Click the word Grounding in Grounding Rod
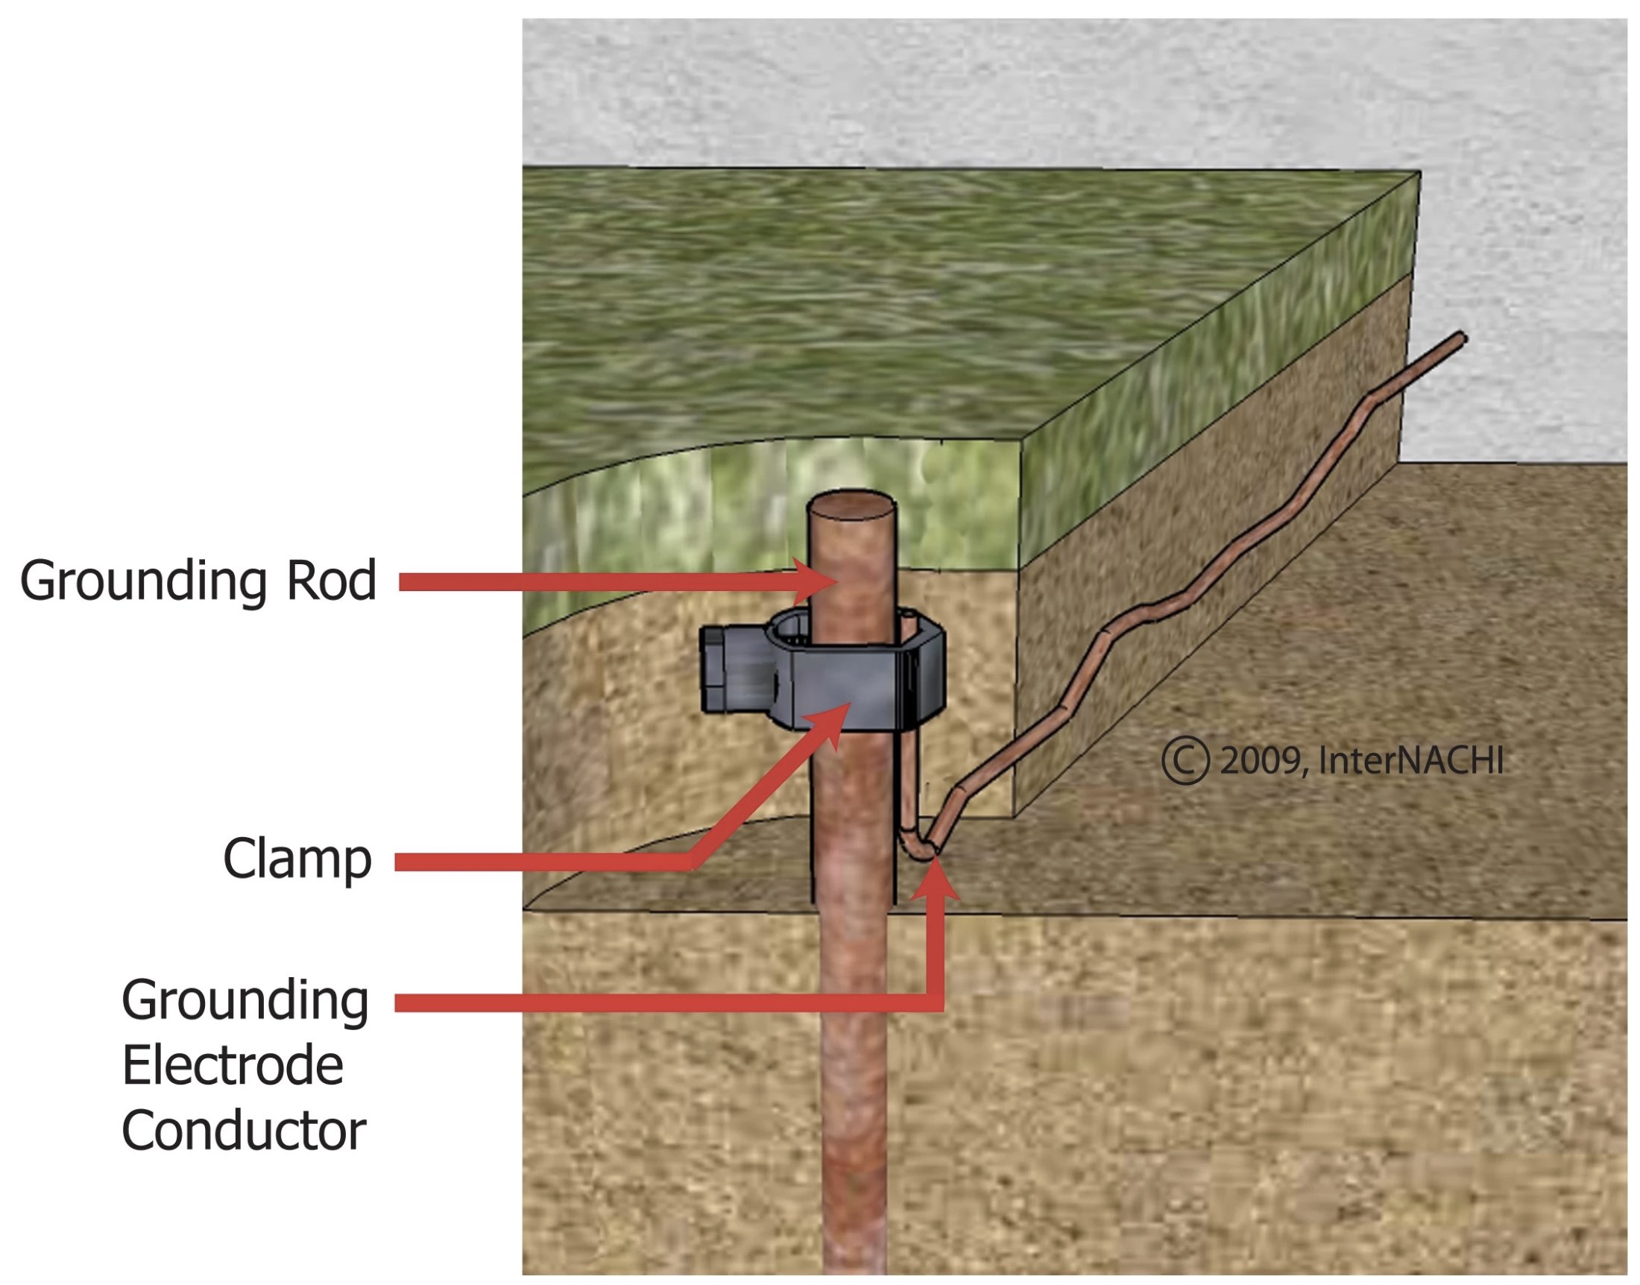[143, 581]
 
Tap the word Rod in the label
[330, 581]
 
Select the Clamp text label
[297, 859]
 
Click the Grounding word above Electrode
[245, 1001]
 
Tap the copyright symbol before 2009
[1185, 760]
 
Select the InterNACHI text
[1410, 760]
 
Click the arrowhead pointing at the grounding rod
[820, 581]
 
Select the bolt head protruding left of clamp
[718, 669]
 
